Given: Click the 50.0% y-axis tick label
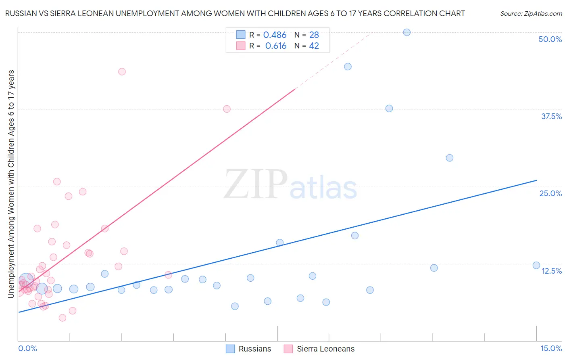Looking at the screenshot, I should click(x=550, y=39).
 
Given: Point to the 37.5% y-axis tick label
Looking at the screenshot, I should click(x=551, y=116).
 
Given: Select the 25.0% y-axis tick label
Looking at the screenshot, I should click(x=550, y=193).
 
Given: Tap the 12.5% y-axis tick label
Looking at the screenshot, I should click(x=551, y=271).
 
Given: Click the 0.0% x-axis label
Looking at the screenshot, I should click(x=27, y=348).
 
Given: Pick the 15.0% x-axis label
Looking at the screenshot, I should click(x=551, y=348).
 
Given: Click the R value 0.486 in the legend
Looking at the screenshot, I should click(x=275, y=35).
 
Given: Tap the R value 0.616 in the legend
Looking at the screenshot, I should click(x=276, y=46).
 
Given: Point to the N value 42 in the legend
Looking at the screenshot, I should click(x=314, y=46).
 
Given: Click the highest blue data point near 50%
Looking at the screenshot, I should click(x=406, y=32).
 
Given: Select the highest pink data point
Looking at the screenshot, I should click(x=122, y=71).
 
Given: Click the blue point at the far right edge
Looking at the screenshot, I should click(x=536, y=265).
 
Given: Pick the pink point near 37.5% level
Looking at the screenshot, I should click(x=227, y=109).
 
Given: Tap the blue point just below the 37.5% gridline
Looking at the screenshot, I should click(x=389, y=108).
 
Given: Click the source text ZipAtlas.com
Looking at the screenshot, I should click(x=531, y=14).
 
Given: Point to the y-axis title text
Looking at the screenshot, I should click(x=11, y=184).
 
